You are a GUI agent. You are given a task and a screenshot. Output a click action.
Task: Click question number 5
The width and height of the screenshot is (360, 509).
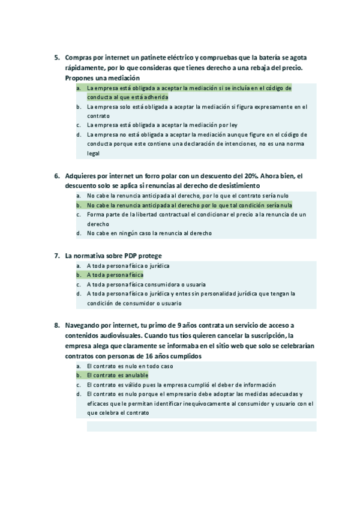(x=56, y=58)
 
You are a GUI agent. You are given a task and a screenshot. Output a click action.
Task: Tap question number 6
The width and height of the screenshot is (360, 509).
(x=56, y=176)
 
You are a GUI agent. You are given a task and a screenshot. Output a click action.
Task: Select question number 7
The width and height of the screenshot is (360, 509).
(x=56, y=255)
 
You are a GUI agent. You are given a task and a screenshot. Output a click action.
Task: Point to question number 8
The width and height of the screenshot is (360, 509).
(x=56, y=325)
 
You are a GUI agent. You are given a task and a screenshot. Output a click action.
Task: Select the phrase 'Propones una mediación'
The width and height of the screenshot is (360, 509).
(x=102, y=78)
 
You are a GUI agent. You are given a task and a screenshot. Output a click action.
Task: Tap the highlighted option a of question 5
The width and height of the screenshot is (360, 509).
(x=188, y=88)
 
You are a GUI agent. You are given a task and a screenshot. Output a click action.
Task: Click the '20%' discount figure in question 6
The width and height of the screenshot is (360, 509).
(x=250, y=176)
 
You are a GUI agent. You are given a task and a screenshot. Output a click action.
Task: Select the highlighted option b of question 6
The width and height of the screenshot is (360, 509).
(x=189, y=205)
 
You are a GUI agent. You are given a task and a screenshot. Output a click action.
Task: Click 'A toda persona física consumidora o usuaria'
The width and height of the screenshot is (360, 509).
(x=146, y=285)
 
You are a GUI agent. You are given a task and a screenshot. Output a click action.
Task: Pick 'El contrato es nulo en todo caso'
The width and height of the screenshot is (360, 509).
(x=130, y=366)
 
